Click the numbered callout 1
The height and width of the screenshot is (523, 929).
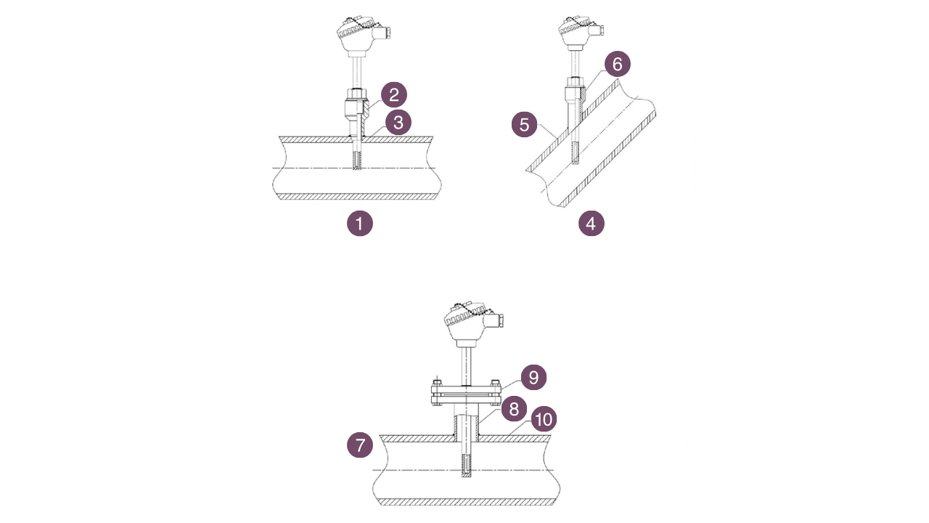[x=359, y=223]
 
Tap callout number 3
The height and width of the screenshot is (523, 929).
[x=398, y=122]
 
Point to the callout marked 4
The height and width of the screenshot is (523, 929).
[x=591, y=223]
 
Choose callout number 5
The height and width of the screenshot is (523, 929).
[x=524, y=123]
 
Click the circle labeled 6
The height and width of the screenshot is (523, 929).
[x=617, y=64]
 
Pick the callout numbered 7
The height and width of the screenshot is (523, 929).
[x=360, y=445]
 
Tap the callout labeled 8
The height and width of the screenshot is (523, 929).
[x=514, y=408]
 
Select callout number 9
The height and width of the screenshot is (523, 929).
[x=533, y=378]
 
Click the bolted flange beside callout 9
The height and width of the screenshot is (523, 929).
[x=464, y=393]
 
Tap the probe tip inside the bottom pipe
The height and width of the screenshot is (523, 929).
[x=465, y=466]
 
